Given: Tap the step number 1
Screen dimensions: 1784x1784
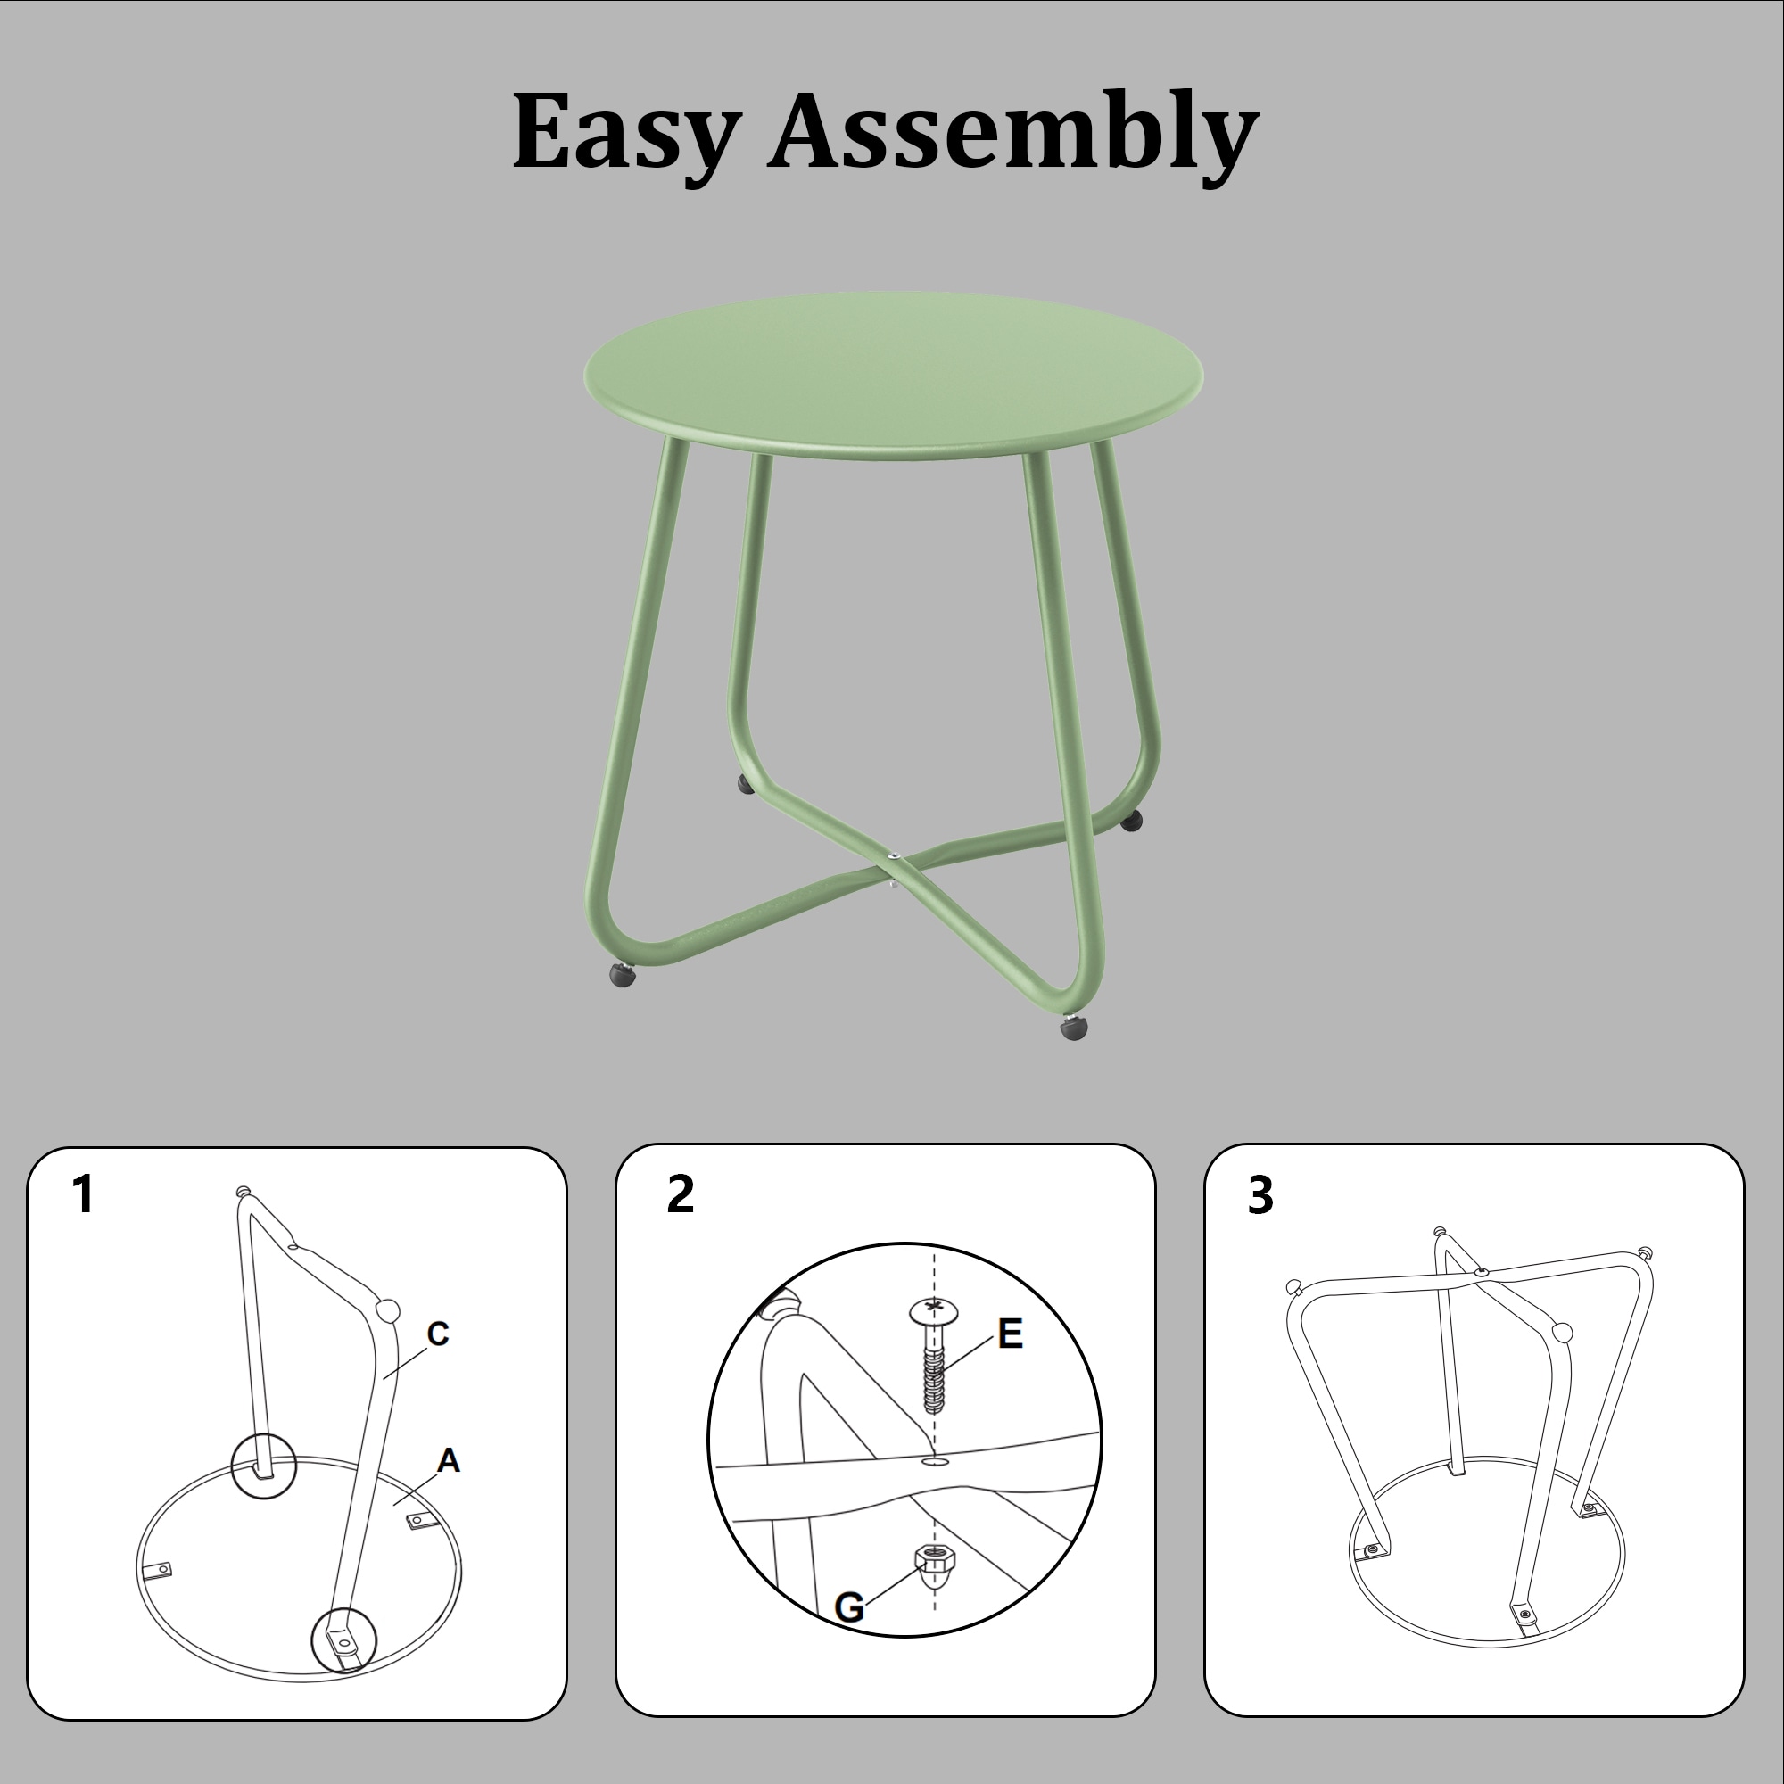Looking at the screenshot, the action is pyautogui.click(x=84, y=1195).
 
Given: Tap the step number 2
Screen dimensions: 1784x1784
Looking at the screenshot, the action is pyautogui.click(x=680, y=1194).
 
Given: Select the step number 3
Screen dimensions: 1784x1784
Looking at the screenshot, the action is pyautogui.click(x=1260, y=1195).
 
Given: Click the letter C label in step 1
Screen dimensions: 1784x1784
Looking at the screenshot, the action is pyautogui.click(x=438, y=1334).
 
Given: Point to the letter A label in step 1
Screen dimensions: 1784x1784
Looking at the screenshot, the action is pyautogui.click(x=448, y=1460).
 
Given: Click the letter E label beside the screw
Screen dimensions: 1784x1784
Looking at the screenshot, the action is pyautogui.click(x=1011, y=1334).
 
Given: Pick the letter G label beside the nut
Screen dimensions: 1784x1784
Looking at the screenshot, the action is pyautogui.click(x=848, y=1607).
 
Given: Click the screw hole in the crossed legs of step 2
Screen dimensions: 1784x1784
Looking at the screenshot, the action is pyautogui.click(x=934, y=1462).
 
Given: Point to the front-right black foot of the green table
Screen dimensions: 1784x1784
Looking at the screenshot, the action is pyautogui.click(x=1074, y=1028).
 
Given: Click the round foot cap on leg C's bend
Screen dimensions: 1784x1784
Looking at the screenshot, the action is pyautogui.click(x=389, y=1309).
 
